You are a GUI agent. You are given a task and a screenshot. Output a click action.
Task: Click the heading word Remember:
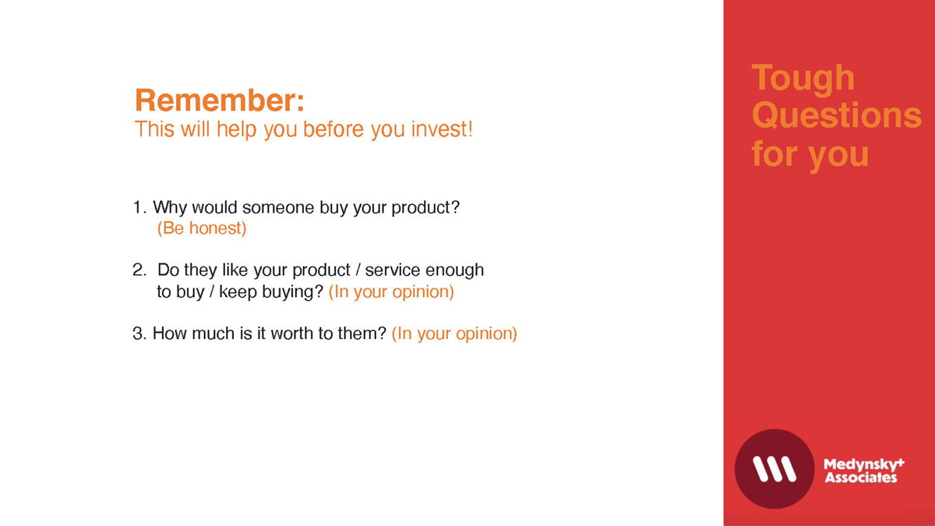pyautogui.click(x=220, y=101)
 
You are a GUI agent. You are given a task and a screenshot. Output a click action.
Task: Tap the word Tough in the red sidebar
pyautogui.click(x=803, y=79)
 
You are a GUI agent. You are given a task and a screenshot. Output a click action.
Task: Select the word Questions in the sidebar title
pyautogui.click(x=837, y=115)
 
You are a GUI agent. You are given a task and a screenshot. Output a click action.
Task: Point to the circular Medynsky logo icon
pyautogui.click(x=774, y=469)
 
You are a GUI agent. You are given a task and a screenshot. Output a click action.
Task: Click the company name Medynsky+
pyautogui.click(x=864, y=464)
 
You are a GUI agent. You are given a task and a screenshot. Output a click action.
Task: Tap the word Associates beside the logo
pyautogui.click(x=861, y=478)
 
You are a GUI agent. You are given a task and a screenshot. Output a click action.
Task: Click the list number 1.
pyautogui.click(x=139, y=207)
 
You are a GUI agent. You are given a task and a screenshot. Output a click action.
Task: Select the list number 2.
pyautogui.click(x=139, y=270)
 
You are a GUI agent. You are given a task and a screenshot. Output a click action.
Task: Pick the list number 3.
pyautogui.click(x=139, y=334)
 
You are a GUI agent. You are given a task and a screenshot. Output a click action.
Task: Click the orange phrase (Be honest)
pyautogui.click(x=202, y=228)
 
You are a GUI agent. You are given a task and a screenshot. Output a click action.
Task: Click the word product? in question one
pyautogui.click(x=425, y=208)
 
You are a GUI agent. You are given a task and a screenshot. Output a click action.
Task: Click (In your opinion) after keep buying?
pyautogui.click(x=391, y=292)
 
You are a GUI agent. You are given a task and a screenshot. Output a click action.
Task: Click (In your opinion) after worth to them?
pyautogui.click(x=454, y=334)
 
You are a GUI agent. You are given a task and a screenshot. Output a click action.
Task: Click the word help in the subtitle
pyautogui.click(x=237, y=129)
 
